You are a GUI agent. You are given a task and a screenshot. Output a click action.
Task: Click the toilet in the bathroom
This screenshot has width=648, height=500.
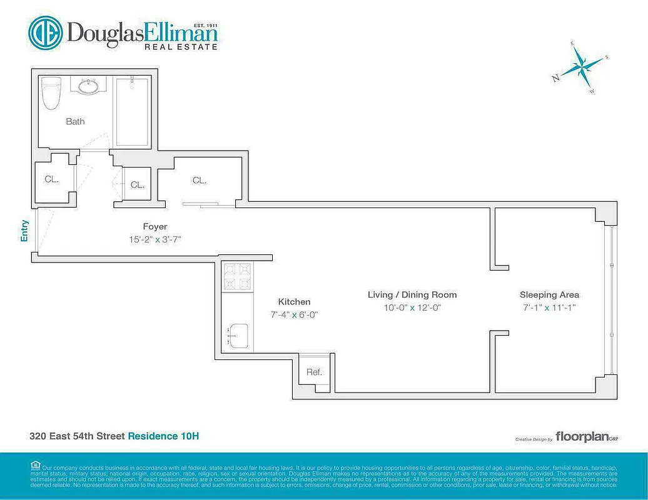coord(50,93)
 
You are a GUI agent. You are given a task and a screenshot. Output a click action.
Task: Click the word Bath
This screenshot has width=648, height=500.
coord(75,121)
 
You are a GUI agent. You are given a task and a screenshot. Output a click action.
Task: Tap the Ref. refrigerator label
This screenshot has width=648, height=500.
coord(314,372)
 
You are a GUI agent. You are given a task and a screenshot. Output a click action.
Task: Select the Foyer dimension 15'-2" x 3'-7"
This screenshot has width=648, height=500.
coord(154,239)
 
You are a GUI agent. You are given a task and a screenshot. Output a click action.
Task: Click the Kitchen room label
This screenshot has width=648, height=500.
coord(294,302)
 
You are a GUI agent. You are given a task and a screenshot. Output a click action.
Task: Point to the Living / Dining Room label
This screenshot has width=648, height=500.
coord(412,294)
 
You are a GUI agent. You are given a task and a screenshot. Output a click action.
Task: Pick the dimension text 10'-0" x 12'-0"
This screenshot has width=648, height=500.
coord(412,307)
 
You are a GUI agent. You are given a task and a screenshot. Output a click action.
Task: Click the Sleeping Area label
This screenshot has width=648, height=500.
coord(549,294)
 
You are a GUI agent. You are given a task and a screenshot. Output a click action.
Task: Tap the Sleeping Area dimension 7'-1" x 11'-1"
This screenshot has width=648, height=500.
coord(549,307)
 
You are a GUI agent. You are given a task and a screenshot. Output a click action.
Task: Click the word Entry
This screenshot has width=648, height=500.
coord(25,231)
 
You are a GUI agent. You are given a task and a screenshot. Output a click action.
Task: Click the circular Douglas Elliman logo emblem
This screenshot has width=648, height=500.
coord(45,32)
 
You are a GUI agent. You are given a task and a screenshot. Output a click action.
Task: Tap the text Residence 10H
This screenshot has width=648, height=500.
coord(163,436)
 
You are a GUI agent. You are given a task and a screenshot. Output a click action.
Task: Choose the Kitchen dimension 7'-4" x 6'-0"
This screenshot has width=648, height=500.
coord(294,315)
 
